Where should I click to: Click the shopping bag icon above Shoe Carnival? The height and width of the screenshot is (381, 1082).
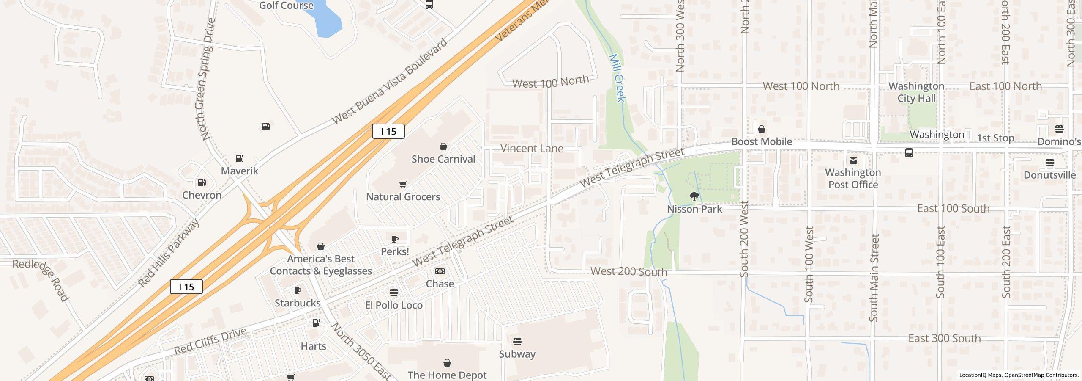tap(443, 146)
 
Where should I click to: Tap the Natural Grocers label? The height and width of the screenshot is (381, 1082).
tap(403, 197)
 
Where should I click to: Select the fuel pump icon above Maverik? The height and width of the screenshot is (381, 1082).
tap(239, 158)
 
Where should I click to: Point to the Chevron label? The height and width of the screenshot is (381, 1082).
tap(202, 195)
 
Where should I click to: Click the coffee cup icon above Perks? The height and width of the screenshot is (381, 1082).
tap(395, 239)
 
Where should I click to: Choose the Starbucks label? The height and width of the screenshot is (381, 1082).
tap(298, 303)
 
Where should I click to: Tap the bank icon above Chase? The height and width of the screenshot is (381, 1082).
tap(440, 271)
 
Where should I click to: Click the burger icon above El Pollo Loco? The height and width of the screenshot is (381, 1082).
tap(394, 293)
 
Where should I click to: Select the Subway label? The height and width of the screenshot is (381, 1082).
tap(517, 354)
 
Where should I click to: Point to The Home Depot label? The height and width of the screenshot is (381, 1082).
tap(447, 375)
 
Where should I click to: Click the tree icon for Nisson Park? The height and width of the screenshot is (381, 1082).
tap(694, 196)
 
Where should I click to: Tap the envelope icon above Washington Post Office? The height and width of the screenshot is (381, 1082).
tap(853, 160)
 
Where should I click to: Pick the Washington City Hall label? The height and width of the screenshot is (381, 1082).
tap(916, 92)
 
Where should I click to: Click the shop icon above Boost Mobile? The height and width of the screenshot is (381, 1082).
tap(762, 129)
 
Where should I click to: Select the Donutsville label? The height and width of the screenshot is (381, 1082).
tap(1049, 175)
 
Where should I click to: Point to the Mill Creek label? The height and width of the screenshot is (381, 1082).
tap(617, 78)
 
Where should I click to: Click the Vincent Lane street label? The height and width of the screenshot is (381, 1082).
tap(532, 149)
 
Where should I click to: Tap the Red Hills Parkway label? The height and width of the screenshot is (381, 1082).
tap(169, 253)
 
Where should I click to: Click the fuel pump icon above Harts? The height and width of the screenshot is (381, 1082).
tap(316, 323)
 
